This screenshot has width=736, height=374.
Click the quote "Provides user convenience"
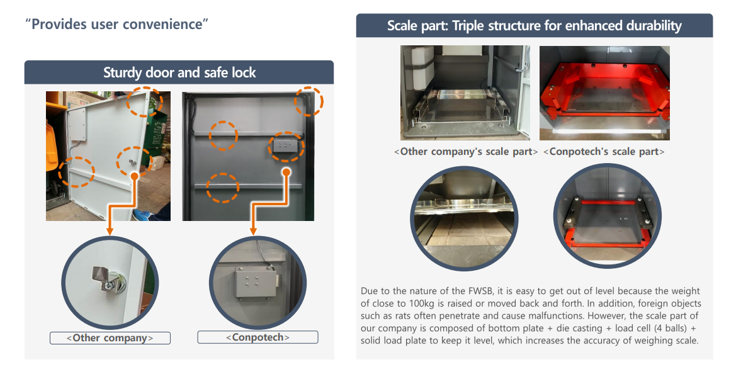[x=117, y=25]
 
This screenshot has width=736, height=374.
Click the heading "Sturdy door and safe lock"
[x=179, y=72]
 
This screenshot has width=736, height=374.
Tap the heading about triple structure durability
[x=534, y=26]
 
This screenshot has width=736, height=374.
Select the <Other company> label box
[x=110, y=337]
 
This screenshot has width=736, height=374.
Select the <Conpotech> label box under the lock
[x=258, y=337]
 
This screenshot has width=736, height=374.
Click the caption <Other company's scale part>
[x=465, y=151]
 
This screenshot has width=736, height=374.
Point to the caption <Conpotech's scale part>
[x=603, y=151]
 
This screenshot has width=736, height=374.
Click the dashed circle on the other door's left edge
[x=77, y=171]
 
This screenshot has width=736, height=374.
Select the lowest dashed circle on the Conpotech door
[x=223, y=187]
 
